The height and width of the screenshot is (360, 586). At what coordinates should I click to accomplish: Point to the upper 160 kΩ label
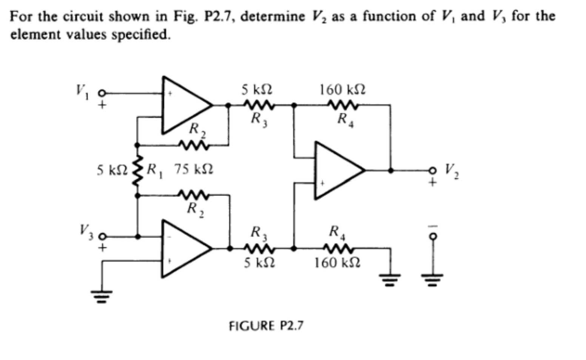[x=342, y=90]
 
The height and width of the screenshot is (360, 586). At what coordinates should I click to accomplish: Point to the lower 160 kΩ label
[x=337, y=262]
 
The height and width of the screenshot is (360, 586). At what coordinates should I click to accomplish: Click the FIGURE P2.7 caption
[x=266, y=325]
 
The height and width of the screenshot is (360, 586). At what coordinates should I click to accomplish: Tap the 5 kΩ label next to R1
[x=112, y=170]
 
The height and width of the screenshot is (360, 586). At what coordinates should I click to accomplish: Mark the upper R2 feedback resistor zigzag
[x=193, y=145]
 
